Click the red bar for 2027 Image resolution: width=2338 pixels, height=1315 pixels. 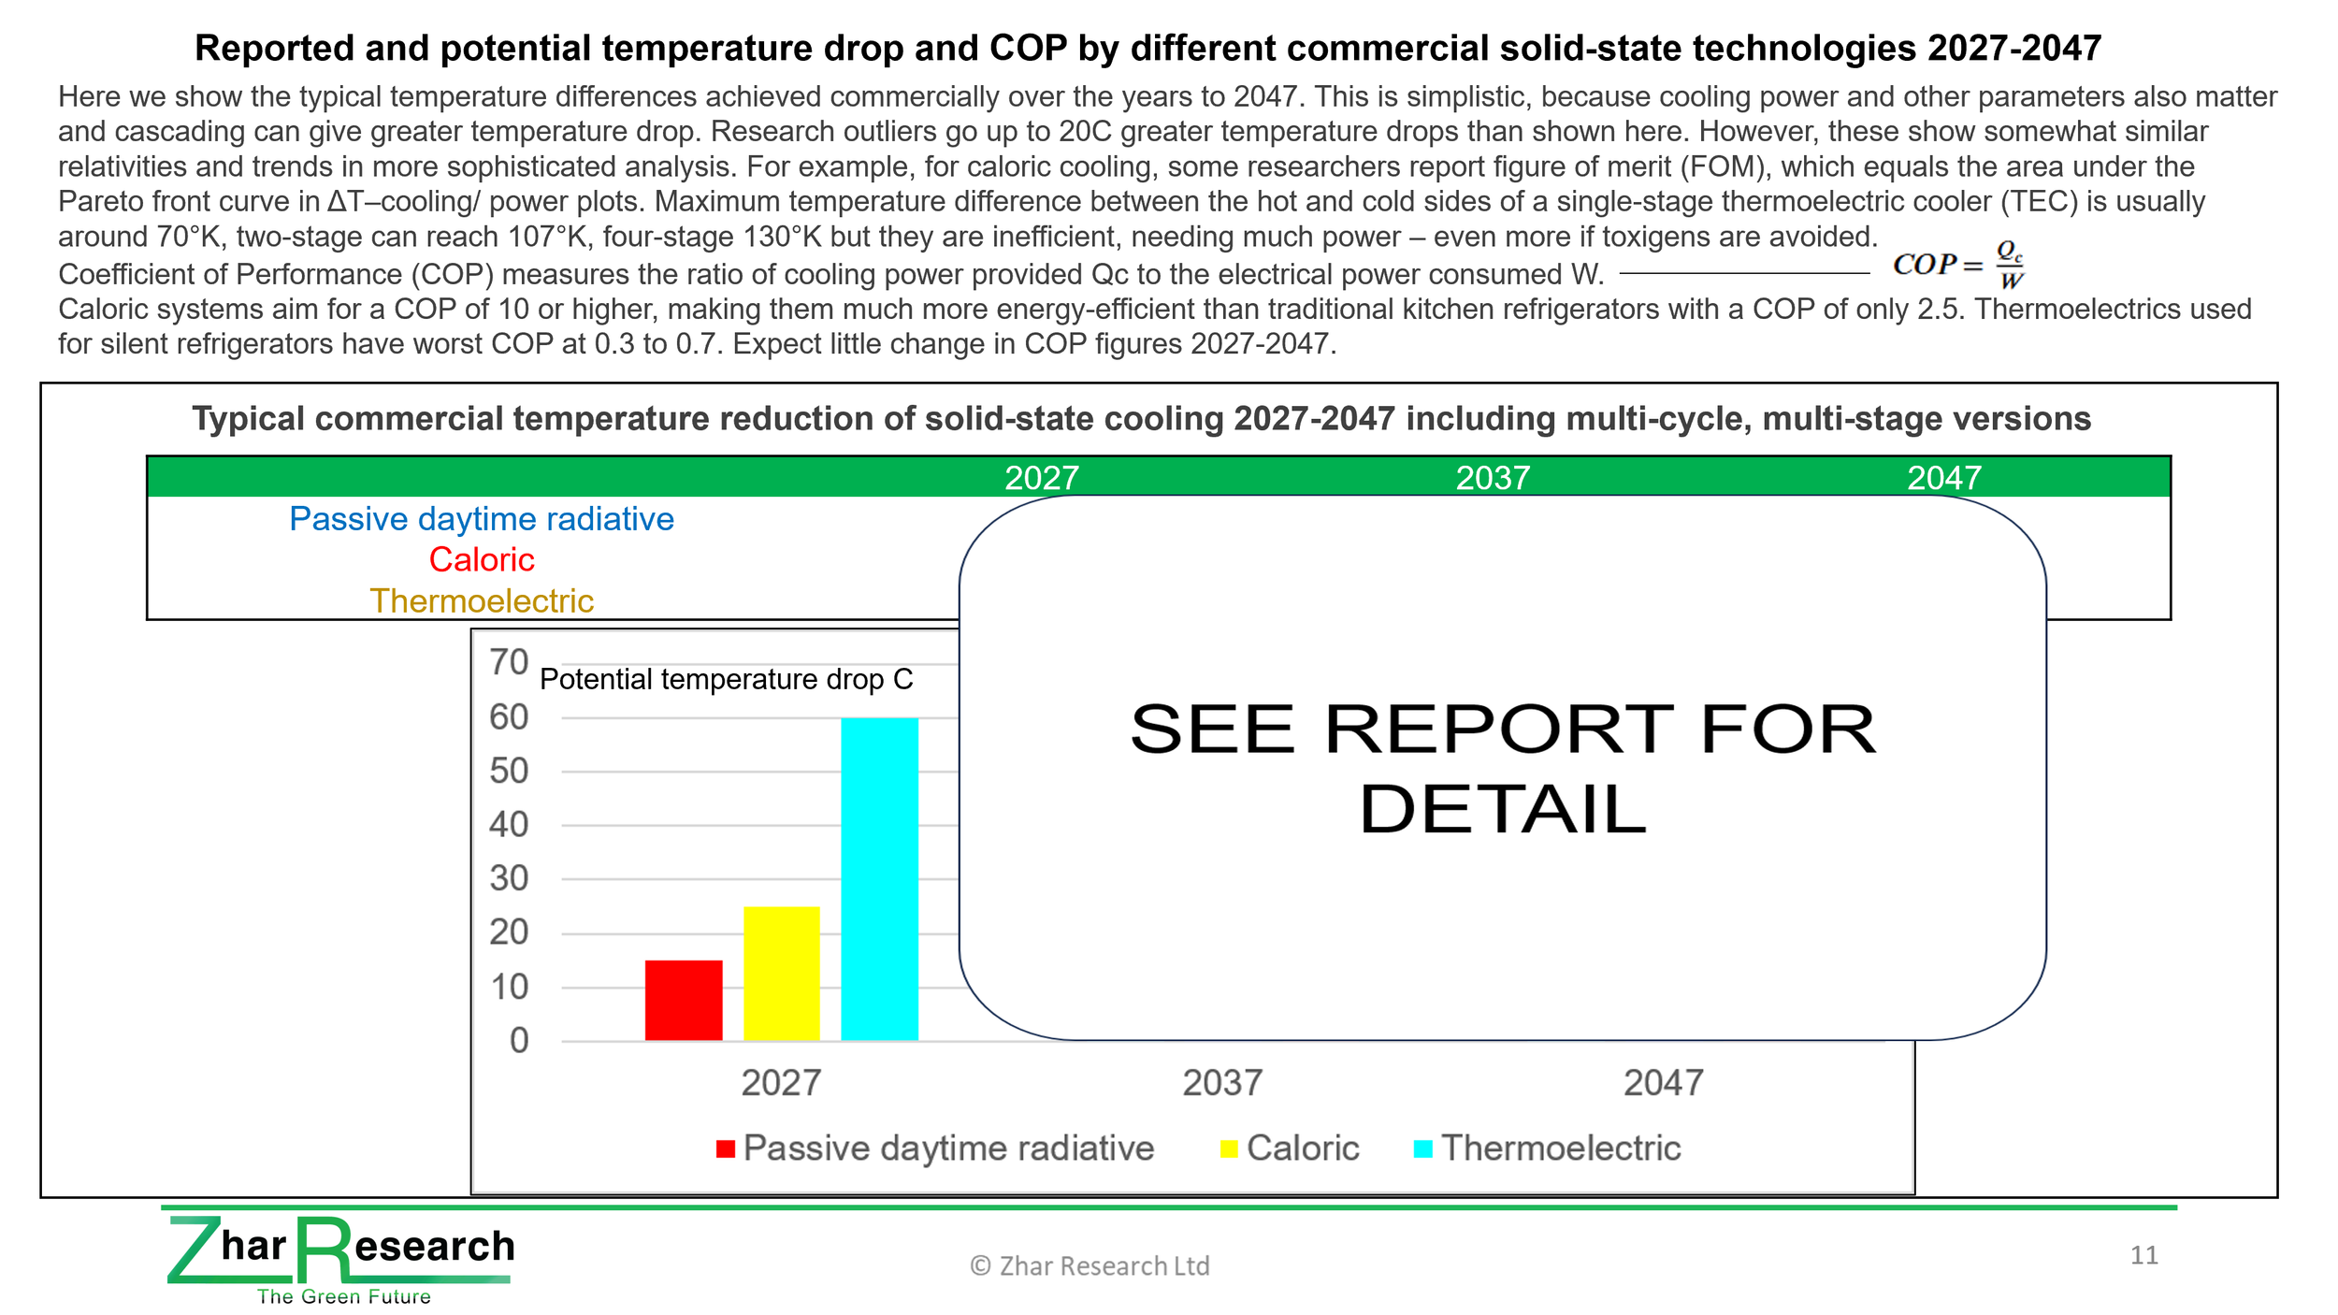pyautogui.click(x=684, y=1000)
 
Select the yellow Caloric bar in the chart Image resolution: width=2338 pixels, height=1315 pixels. pyautogui.click(x=782, y=973)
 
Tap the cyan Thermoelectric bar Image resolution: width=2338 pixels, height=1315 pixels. pyautogui.click(x=879, y=879)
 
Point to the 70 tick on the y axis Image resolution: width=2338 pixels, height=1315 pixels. pyautogui.click(x=509, y=662)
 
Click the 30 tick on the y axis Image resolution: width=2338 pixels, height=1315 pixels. pyautogui.click(x=509, y=878)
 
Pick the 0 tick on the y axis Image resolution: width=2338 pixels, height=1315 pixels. pyautogui.click(x=519, y=1040)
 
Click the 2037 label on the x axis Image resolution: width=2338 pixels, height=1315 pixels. pyautogui.click(x=1222, y=1083)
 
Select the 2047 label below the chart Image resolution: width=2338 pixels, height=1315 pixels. pyautogui.click(x=1663, y=1083)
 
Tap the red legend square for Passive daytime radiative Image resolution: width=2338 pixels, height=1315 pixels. pyautogui.click(x=725, y=1149)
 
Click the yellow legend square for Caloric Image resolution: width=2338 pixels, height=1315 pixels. pyautogui.click(x=1229, y=1149)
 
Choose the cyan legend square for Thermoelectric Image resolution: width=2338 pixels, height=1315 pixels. pyautogui.click(x=1423, y=1149)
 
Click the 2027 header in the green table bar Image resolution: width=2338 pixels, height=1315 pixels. pyautogui.click(x=1042, y=478)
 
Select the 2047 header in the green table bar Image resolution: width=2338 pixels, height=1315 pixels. pyautogui.click(x=1944, y=478)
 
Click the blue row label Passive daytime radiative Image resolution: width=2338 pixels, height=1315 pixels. pyautogui.click(x=482, y=519)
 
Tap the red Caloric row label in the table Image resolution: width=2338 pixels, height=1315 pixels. pyautogui.click(x=482, y=559)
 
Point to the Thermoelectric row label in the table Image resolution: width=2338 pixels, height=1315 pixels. pyautogui.click(x=482, y=600)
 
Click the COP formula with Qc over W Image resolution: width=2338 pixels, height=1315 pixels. pyautogui.click(x=1958, y=265)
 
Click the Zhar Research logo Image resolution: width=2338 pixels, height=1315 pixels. pyautogui.click(x=341, y=1259)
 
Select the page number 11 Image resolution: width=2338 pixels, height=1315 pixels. pyautogui.click(x=2144, y=1255)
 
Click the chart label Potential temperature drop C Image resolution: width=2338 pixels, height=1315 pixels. pyautogui.click(x=727, y=679)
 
